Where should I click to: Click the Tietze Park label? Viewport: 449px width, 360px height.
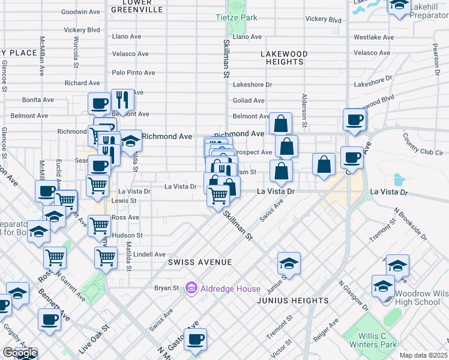pos(237,17)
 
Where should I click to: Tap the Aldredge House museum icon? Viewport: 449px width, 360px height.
pos(191,289)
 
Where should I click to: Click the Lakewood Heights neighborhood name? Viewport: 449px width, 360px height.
pos(284,58)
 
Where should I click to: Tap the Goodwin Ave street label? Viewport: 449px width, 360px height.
pos(80,11)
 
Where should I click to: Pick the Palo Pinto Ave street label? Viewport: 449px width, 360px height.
pos(134,73)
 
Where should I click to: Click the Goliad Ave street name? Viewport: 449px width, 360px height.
pos(249,101)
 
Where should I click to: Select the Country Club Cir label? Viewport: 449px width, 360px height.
pos(423,144)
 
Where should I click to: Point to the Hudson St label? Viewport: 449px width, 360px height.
pos(127,235)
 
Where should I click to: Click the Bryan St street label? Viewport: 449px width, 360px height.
pos(167,288)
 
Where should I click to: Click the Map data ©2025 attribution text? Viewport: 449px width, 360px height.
pos(423,355)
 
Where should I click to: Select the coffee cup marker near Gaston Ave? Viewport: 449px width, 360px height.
pos(194,340)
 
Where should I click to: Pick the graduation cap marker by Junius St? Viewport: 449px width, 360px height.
pos(289,263)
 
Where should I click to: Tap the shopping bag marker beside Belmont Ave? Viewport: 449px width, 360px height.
pos(280,124)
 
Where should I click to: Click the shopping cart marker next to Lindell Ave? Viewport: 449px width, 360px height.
pos(106,258)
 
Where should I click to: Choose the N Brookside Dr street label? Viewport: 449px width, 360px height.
pos(410,223)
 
